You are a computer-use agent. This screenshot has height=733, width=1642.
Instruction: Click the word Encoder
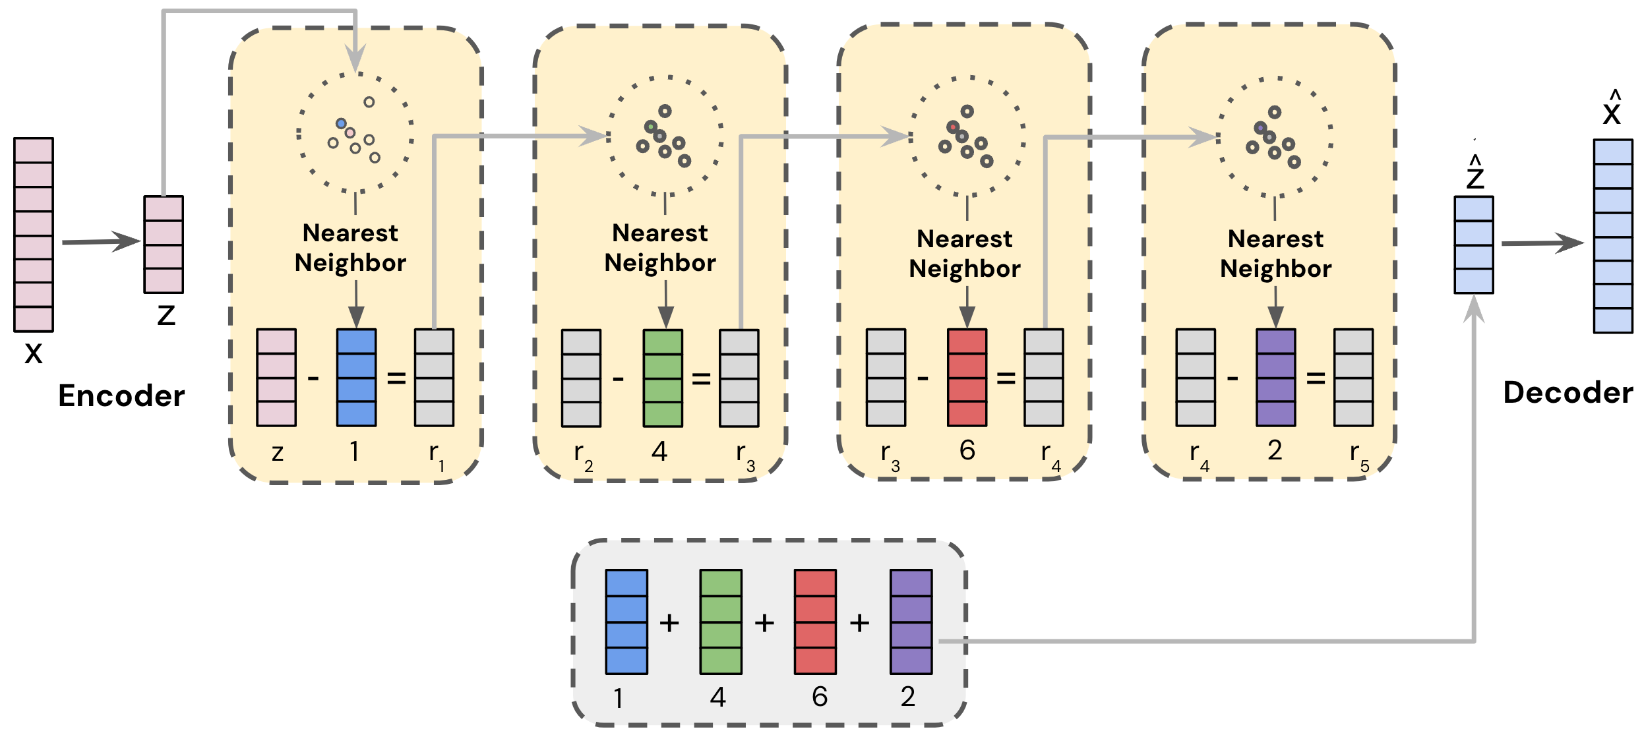coord(121,396)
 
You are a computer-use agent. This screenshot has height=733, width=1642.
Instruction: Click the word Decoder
coord(1567,393)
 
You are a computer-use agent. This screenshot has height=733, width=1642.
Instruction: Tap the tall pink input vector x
coord(34,235)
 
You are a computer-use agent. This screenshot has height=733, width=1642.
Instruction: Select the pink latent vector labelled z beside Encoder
coord(164,245)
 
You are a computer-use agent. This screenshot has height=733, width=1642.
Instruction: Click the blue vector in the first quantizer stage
coord(356,378)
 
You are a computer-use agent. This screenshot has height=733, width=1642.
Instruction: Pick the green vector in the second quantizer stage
coord(663,378)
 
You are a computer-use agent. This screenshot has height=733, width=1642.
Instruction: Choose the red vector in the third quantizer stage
coord(967,378)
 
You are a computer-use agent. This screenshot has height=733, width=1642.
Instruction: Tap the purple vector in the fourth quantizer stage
coord(1275,378)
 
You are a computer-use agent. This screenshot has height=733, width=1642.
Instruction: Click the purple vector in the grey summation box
coord(911,622)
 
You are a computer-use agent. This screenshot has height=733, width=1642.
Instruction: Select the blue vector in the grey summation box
coord(626,622)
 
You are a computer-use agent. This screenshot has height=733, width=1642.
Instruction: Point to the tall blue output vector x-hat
coord(1613,236)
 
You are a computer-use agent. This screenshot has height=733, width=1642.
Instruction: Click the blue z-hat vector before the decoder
coord(1474,245)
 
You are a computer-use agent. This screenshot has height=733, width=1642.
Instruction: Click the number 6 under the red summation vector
coord(820,697)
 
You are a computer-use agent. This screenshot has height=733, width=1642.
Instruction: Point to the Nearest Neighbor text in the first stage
coord(350,248)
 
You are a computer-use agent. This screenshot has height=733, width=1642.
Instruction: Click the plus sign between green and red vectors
coord(764,623)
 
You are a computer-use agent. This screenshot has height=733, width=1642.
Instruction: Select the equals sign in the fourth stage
coord(1316,378)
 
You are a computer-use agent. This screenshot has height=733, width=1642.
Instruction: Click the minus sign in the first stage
coord(313,378)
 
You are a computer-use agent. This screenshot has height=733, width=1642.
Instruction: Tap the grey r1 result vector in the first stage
coord(434,378)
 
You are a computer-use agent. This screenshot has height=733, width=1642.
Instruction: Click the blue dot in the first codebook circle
coord(341,123)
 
